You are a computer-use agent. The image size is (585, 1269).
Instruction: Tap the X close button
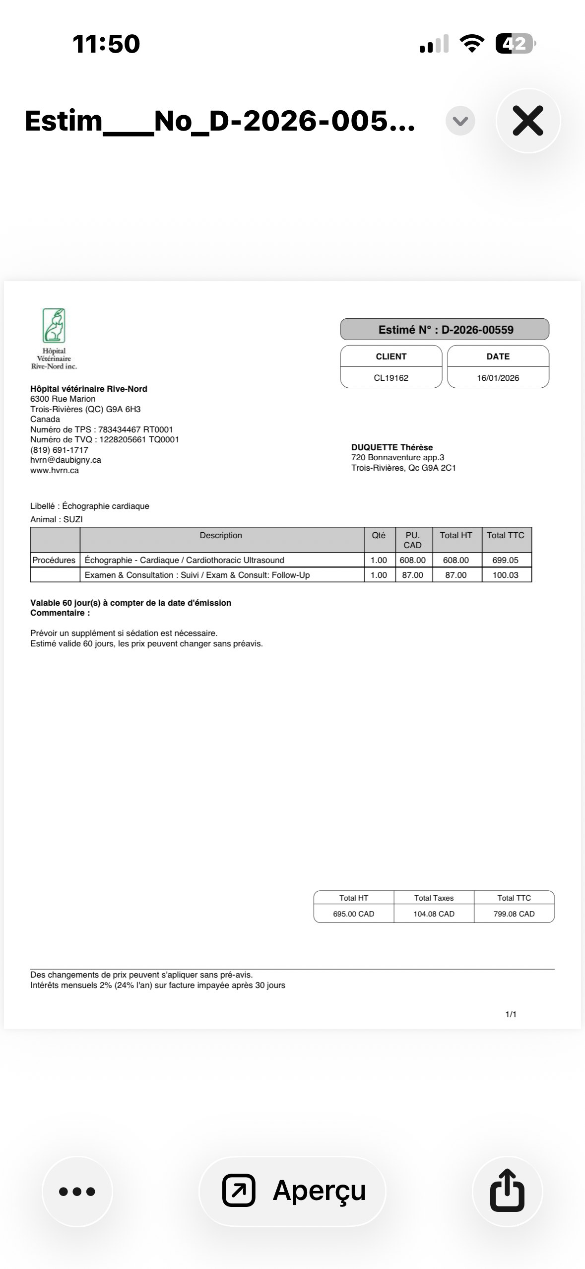[528, 121]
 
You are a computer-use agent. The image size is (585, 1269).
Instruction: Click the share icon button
[507, 1191]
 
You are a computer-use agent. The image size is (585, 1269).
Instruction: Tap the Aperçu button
[293, 1191]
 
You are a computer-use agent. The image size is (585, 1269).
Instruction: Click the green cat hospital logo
[54, 326]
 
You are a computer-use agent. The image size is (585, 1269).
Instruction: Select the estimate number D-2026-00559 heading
[445, 330]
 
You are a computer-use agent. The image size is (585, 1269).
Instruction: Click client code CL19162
[391, 378]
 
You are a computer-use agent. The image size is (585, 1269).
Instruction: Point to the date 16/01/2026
[498, 378]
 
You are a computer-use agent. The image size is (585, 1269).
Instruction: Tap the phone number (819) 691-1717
[59, 450]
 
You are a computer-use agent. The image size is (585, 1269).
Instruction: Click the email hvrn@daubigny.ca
[65, 460]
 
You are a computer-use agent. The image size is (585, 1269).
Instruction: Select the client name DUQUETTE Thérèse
[392, 447]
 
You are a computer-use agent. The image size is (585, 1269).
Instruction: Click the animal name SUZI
[73, 519]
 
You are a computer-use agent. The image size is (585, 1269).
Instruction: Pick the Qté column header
[379, 535]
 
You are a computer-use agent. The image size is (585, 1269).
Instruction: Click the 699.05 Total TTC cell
[505, 560]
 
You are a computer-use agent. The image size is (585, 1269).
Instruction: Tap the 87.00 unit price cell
[412, 575]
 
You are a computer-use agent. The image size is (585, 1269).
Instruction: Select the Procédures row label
[54, 560]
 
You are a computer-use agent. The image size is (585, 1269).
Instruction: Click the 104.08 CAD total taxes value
[434, 914]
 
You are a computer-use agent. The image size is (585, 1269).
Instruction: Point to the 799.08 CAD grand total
[514, 914]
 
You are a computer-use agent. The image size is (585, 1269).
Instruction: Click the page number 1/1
[511, 1014]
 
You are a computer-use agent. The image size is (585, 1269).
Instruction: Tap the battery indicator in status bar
[515, 44]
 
